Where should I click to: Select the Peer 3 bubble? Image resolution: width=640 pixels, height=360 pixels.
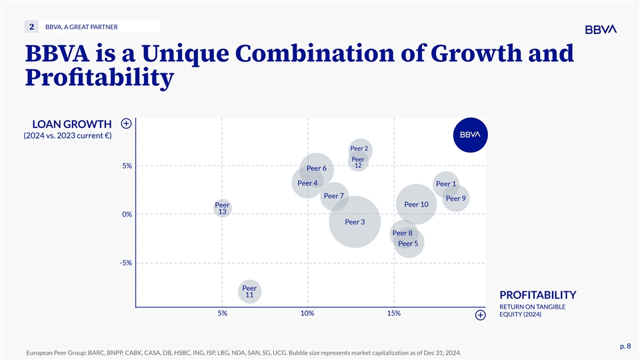(355, 221)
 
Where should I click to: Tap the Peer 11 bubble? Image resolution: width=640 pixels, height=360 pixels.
(249, 291)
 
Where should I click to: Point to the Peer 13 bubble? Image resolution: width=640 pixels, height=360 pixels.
(223, 208)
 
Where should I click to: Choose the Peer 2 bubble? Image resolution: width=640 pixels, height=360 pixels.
(359, 149)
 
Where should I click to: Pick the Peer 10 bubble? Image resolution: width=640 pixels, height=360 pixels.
(416, 205)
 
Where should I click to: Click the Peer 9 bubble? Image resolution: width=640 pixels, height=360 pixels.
(455, 198)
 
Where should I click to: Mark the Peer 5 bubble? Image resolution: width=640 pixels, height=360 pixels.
(407, 244)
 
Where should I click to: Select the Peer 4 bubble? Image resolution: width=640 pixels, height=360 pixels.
(307, 183)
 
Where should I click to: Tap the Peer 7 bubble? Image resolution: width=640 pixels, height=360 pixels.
(333, 196)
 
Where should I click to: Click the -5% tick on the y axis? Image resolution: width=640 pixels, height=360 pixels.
(126, 263)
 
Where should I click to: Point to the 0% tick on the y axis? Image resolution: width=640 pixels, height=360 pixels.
(127, 215)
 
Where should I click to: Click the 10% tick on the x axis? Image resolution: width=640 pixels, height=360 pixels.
(307, 313)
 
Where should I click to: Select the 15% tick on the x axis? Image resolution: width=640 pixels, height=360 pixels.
(393, 313)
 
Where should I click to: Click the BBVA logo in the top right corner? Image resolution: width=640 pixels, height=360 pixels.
(601, 29)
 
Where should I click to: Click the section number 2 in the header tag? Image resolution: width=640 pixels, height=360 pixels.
(31, 27)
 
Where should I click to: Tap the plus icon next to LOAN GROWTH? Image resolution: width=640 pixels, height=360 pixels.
(126, 123)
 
